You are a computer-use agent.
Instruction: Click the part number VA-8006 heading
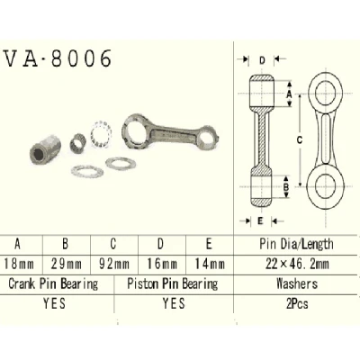tap(58, 58)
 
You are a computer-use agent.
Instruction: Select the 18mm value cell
tap(19, 264)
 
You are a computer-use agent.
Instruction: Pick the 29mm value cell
tap(67, 264)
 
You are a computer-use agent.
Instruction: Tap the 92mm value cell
tap(114, 264)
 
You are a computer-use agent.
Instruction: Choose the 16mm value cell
tap(162, 264)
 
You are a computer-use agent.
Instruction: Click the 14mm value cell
tap(210, 264)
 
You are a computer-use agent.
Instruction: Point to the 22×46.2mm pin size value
tap(297, 264)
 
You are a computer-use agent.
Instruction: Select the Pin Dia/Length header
tap(296, 244)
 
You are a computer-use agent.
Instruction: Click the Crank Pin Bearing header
tap(53, 283)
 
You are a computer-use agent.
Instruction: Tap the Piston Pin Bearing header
tap(173, 283)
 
